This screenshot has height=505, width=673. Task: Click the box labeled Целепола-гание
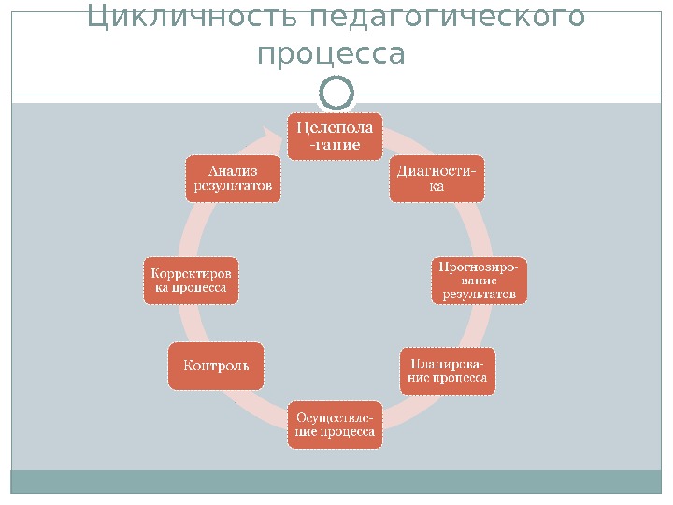coord(335,136)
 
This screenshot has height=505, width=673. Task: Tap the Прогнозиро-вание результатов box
coord(479,280)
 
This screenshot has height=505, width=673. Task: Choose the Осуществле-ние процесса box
coord(335,425)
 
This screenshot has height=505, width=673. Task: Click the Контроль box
coord(216,365)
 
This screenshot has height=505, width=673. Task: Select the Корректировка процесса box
coord(190,280)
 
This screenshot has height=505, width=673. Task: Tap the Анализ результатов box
coord(233,178)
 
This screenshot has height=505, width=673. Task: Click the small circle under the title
coord(336,94)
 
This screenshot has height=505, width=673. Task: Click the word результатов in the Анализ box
coord(233,185)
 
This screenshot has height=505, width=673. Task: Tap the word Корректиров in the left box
coord(190,272)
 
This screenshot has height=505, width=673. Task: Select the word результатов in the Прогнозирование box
coord(479,294)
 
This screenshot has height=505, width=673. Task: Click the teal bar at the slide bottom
coord(336,482)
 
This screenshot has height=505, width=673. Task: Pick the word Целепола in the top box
coord(335,127)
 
